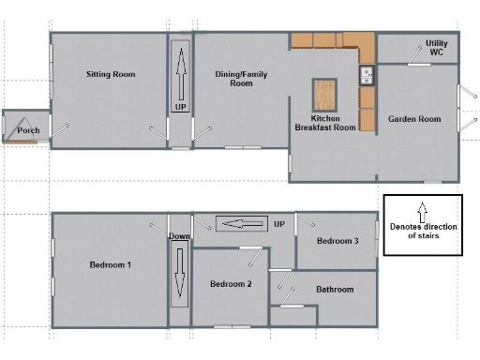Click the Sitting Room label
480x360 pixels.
tap(111, 74)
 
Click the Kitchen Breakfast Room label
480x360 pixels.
tap(325, 122)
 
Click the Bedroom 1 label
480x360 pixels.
tap(110, 265)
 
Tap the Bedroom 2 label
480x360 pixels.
tap(231, 284)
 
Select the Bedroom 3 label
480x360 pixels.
tap(337, 241)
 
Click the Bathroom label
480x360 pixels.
tap(335, 290)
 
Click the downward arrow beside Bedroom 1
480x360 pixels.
tap(180, 276)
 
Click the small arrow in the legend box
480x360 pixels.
tap(422, 209)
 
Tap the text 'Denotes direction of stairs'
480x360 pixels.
tap(422, 231)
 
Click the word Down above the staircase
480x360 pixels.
tap(180, 236)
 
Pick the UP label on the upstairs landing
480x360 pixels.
tap(278, 224)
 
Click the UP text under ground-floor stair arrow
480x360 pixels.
tap(180, 108)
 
